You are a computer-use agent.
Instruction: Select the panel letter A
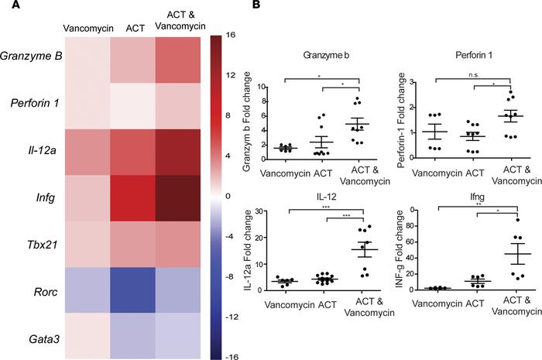click(x=6, y=7)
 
